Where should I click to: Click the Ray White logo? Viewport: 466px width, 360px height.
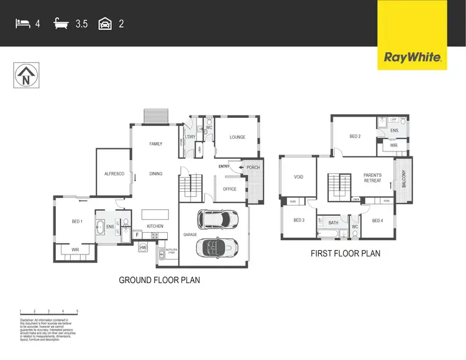(x=413, y=58)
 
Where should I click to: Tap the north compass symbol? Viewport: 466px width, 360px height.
(x=25, y=76)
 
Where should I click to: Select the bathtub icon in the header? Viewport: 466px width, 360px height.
(x=62, y=24)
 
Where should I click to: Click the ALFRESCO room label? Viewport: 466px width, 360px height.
(x=115, y=174)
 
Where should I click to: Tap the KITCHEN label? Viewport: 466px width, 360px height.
(x=155, y=226)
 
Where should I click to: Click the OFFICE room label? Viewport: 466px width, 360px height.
(x=229, y=189)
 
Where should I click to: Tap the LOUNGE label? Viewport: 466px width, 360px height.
(x=237, y=137)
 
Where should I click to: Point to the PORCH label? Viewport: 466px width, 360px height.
(x=254, y=167)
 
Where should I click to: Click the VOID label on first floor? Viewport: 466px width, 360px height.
(x=298, y=177)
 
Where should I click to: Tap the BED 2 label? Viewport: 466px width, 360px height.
(x=355, y=136)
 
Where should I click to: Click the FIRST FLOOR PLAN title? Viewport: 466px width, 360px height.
(x=345, y=253)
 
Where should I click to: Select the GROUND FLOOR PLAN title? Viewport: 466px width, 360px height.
(x=159, y=280)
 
